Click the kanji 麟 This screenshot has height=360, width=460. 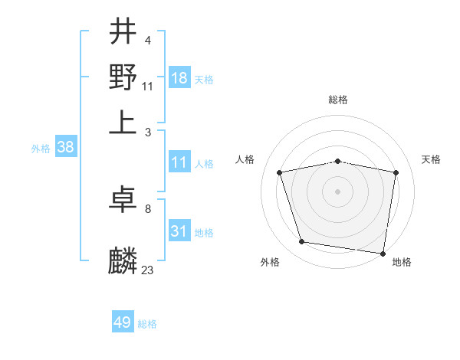point(123,260)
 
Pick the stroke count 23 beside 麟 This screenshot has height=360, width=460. point(148,269)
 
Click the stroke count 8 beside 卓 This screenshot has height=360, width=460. point(147,208)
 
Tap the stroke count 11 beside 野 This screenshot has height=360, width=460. point(148,86)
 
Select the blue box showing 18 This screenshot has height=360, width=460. point(179,78)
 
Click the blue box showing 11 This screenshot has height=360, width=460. point(179,162)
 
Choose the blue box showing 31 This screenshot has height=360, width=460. point(179,231)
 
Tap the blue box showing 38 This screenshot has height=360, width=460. point(65,148)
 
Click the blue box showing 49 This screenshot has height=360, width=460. point(123,322)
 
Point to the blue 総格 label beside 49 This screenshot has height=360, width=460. point(147,324)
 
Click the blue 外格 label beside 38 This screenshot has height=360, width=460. point(41,149)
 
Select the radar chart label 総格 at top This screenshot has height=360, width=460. point(337,100)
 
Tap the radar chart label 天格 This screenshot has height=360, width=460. point(431,159)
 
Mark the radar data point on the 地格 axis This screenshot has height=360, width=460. point(383,253)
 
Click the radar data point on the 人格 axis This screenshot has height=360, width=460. point(280,172)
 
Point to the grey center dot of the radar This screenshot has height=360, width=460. point(337,191)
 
